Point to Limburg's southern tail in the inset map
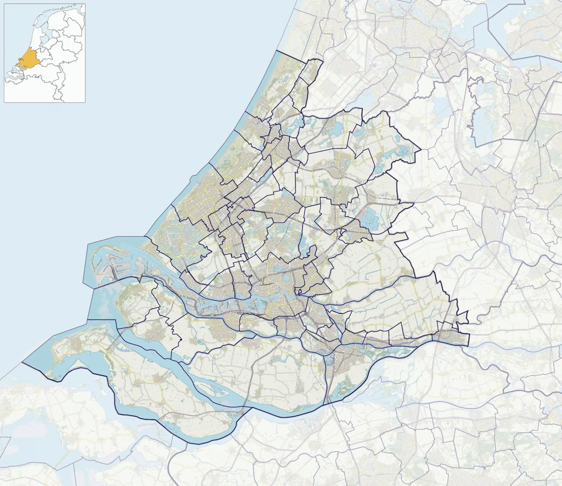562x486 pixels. (x=59, y=95)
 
